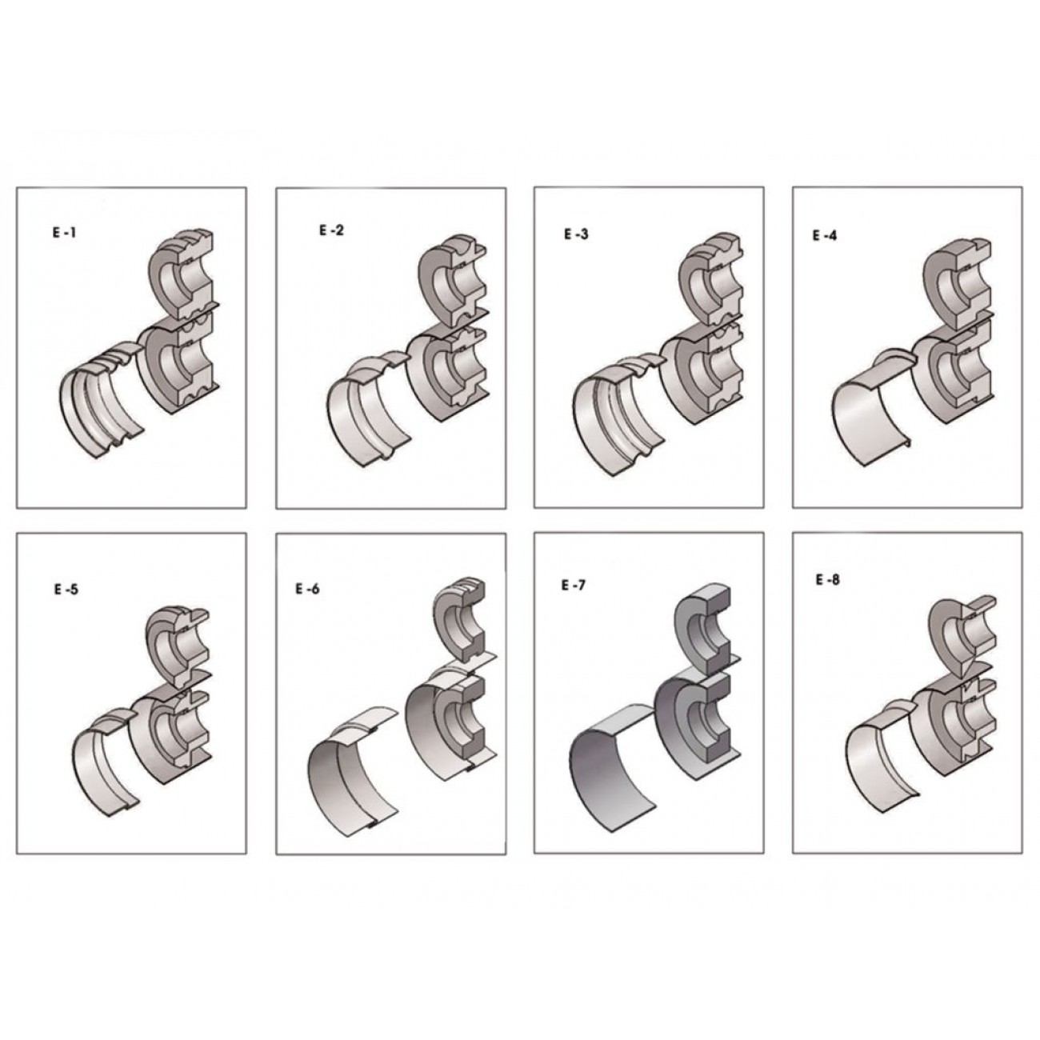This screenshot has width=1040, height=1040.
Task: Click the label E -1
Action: click(64, 234)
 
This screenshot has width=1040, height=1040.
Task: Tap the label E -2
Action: click(331, 230)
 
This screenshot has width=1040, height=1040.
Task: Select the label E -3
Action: click(576, 234)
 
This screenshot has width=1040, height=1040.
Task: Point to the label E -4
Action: click(825, 235)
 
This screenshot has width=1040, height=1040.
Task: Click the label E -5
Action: click(66, 590)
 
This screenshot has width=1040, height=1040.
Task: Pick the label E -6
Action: click(307, 588)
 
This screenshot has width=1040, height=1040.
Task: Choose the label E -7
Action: click(573, 585)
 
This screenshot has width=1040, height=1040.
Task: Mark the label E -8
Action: click(828, 580)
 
